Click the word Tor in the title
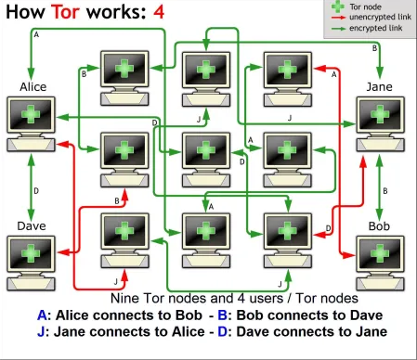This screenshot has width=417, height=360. (65, 12)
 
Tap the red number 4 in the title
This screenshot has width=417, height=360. (159, 12)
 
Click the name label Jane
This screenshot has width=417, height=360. (379, 87)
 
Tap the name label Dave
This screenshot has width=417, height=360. (32, 226)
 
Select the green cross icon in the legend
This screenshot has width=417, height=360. (338, 6)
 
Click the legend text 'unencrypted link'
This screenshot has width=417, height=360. (380, 17)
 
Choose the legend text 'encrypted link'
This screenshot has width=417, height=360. (376, 28)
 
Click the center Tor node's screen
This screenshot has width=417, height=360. (206, 150)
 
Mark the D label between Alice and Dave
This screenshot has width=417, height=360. (36, 191)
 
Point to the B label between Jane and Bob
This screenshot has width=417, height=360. (385, 191)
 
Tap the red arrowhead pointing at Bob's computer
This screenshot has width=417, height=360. (349, 255)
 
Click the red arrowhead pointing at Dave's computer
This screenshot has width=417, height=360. (63, 252)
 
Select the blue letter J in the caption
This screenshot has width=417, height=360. (41, 332)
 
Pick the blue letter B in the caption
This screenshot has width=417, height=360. (223, 315)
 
